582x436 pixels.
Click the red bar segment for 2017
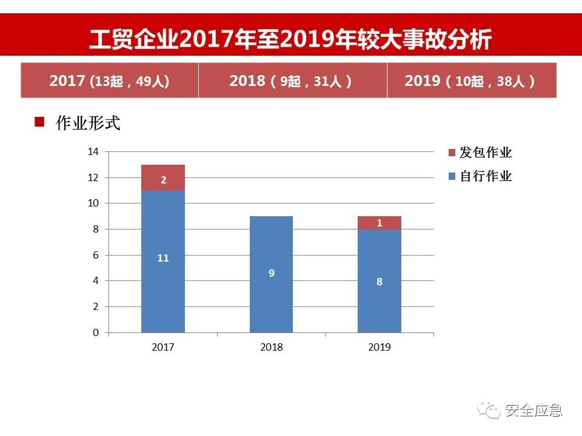[x=162, y=177]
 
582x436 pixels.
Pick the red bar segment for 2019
[x=380, y=223]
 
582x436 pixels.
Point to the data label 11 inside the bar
[x=162, y=258]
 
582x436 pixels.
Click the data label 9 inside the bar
[x=271, y=273]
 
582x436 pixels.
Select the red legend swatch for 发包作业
[x=452, y=153]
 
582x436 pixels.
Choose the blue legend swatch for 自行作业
[x=452, y=176]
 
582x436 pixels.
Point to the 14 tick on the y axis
[x=93, y=152]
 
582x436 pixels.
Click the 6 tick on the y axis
[x=95, y=255]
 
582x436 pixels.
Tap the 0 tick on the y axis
[x=95, y=332]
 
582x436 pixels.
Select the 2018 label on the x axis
[x=271, y=348]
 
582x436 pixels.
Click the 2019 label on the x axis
[x=380, y=348]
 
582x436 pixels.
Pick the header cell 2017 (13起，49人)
[x=109, y=81]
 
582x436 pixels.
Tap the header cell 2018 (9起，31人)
[x=292, y=81]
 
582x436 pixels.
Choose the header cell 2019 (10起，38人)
[x=471, y=81]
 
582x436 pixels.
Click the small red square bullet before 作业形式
[x=40, y=122]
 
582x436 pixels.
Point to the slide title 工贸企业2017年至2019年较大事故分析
[x=290, y=39]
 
